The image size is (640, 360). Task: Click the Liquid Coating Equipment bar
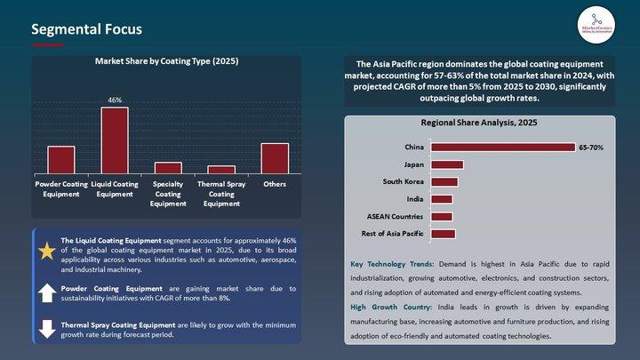tap(114, 140)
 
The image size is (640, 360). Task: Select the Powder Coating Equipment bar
tap(60, 160)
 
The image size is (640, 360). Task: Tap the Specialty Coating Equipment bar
tap(168, 168)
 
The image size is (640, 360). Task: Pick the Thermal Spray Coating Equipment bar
tap(221, 170)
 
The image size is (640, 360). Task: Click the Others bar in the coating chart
tap(275, 158)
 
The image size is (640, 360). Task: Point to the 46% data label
tap(115, 100)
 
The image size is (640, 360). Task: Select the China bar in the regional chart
tap(502, 148)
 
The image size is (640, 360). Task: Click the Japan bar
tap(447, 164)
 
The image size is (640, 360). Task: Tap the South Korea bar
tap(444, 182)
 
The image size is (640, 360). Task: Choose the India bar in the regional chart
tap(442, 199)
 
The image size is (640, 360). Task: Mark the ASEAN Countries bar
tap(442, 217)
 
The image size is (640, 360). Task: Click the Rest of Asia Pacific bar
tap(443, 234)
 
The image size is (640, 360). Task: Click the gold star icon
tap(47, 252)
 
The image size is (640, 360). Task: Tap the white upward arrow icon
tap(47, 293)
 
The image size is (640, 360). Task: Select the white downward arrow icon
tap(47, 328)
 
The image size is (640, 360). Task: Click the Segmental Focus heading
tap(86, 30)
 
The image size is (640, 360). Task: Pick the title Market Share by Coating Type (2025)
tap(167, 62)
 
